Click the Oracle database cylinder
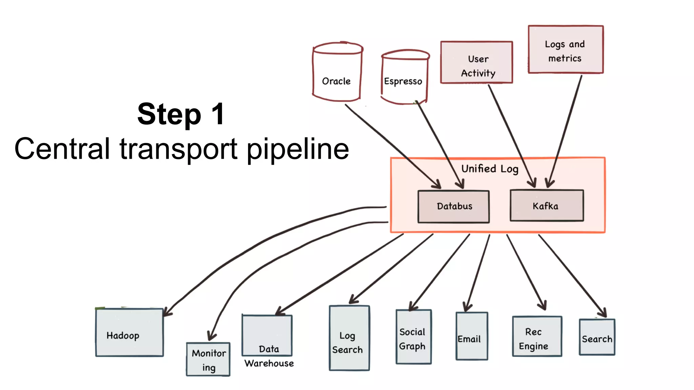337,73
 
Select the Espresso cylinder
404,78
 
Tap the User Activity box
476,63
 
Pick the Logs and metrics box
565,50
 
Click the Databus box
453,207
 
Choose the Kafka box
546,206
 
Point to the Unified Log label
490,169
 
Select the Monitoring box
208,360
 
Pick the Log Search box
349,339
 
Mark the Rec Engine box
537,337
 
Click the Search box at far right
597,337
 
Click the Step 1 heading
181,114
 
